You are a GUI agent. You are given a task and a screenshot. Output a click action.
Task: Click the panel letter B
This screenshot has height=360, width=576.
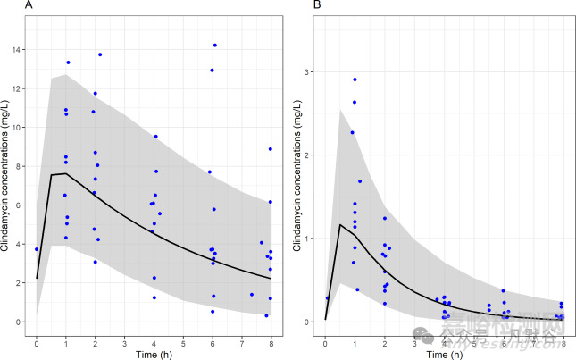pos(316,6)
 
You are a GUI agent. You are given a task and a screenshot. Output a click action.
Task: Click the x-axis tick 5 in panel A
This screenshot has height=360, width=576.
pos(183,343)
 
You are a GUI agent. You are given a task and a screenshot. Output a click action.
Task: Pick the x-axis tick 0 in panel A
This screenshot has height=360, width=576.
pos(37,343)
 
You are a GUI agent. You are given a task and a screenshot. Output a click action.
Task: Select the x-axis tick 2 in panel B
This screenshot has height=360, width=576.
pos(385,343)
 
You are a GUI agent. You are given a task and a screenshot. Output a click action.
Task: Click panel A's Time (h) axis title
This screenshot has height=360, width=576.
pos(154,354)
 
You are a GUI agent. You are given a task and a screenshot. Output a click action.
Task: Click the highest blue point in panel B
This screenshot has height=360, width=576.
pos(355,80)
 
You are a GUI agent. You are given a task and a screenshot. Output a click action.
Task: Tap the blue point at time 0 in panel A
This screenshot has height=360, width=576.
pos(37,249)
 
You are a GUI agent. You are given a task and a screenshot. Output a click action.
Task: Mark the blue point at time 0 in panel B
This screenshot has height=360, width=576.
pos(327,298)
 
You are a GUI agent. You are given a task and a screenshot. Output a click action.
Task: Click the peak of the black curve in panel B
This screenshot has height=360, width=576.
pos(340,224)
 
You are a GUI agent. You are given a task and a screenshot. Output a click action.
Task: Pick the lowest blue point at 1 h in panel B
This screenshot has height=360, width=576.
pos(357,289)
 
